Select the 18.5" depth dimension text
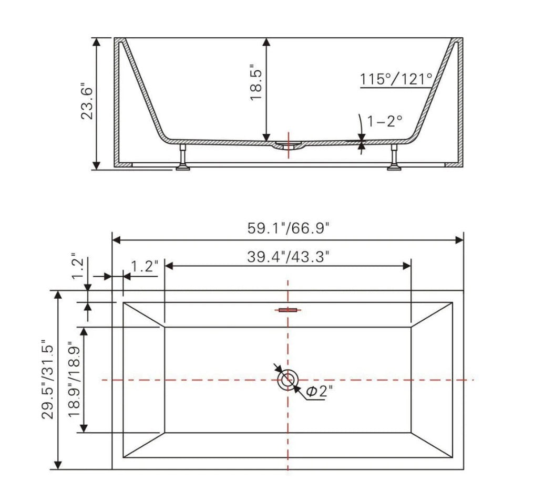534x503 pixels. [x=256, y=83]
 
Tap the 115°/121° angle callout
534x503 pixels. [x=396, y=80]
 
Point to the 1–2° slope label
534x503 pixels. [x=385, y=121]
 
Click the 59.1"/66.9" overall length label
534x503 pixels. [x=288, y=228]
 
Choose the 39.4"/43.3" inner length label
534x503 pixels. [x=288, y=257]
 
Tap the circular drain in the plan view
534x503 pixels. [x=287, y=379]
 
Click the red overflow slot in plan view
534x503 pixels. [x=287, y=310]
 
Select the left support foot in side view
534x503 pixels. [x=183, y=159]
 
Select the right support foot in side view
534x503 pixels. [x=394, y=159]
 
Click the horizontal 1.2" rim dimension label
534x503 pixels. [x=145, y=266]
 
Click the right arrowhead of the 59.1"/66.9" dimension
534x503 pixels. [x=459, y=240]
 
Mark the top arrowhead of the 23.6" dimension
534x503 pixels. [x=96, y=42]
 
